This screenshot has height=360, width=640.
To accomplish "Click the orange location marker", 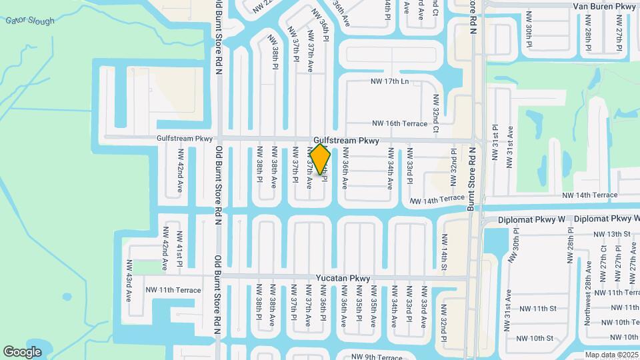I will (x=320, y=159).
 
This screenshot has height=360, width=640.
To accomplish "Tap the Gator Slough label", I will (x=30, y=21).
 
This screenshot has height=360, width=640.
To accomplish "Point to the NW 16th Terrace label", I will (x=399, y=123).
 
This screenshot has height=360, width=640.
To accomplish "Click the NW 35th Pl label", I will (x=359, y=303).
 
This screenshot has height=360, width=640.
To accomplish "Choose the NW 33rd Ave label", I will (x=424, y=306).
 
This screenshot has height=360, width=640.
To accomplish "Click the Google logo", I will (x=22, y=351).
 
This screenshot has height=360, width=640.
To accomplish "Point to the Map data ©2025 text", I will (x=611, y=355).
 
